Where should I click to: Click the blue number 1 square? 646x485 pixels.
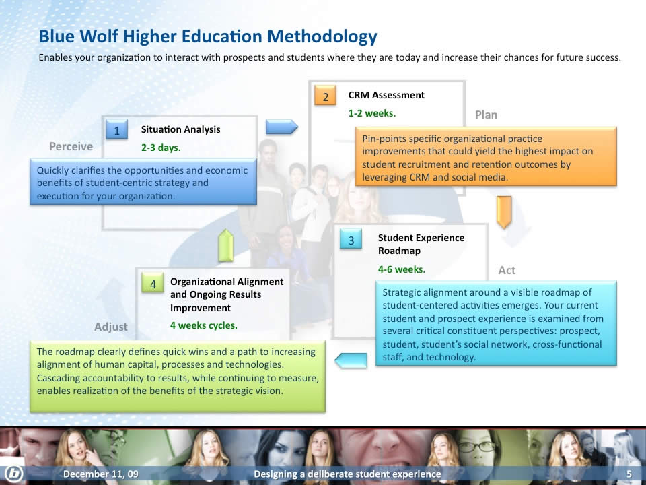(x=116, y=129)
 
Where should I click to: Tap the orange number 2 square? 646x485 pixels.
(x=325, y=95)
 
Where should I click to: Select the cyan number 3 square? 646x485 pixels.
(x=351, y=239)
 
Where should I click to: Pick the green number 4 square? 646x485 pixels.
(x=153, y=283)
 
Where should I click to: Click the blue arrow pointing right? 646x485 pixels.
(x=282, y=127)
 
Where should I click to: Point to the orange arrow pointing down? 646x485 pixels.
(x=504, y=212)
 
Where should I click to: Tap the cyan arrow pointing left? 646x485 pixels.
(x=351, y=360)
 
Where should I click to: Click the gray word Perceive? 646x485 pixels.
(x=71, y=146)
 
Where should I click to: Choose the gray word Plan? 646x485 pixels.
(x=486, y=115)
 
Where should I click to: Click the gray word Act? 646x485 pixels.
(x=507, y=270)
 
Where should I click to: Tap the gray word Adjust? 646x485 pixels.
(x=111, y=327)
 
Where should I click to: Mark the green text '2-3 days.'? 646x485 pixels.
(x=161, y=148)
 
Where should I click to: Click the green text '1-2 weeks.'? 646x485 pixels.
(x=372, y=113)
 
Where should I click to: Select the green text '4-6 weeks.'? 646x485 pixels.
(x=402, y=269)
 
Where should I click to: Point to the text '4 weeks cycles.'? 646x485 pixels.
(x=204, y=325)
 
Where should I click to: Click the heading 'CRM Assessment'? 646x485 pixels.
(x=386, y=95)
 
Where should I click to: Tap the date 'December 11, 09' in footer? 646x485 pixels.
(x=101, y=474)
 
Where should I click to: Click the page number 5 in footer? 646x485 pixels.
(x=629, y=474)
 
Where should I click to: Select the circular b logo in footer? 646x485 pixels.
(x=13, y=473)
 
